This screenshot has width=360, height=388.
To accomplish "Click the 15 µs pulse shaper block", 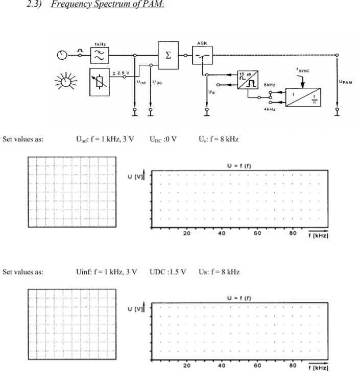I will (247, 81).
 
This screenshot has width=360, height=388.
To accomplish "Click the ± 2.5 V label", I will (121, 73).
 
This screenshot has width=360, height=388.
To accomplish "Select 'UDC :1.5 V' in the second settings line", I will (167, 272).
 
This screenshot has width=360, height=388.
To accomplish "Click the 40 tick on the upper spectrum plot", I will (222, 233).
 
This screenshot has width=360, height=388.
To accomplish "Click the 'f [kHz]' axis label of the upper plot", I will (317, 236).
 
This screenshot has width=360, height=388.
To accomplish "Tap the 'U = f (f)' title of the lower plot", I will (240, 297).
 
